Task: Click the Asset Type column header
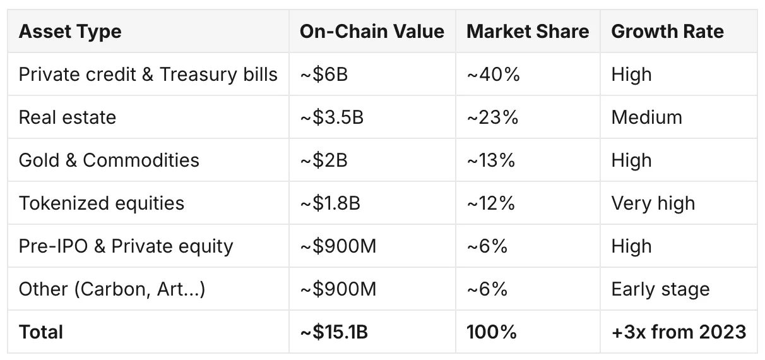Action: pos(70,32)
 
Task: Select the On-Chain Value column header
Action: pos(372,32)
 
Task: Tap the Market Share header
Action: pos(528,32)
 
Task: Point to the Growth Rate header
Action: pos(667,32)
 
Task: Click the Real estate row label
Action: pos(68,117)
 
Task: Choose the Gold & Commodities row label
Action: pos(109,160)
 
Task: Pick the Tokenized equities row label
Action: pos(102,203)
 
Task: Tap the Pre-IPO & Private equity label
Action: pos(126,246)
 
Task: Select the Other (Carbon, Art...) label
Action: pos(112,289)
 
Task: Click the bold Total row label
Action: pos(41,332)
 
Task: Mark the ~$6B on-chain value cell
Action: pos(324,75)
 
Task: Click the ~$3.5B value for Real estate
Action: pos(331,117)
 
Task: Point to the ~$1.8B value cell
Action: pos(330,203)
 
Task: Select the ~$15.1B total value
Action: pos(334,332)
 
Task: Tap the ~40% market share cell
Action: pos(493,75)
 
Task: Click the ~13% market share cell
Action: pos(491,160)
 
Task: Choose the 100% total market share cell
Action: pos(492,332)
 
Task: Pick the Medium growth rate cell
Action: pos(646,117)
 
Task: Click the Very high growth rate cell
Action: pos(653,203)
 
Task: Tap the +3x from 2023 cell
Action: pos(679,332)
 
